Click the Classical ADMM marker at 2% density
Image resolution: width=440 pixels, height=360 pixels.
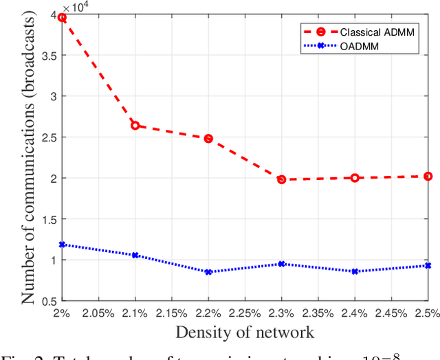63,18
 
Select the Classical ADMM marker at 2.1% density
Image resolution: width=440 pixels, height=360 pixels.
135,126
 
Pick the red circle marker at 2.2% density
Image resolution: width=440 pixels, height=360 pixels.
208,139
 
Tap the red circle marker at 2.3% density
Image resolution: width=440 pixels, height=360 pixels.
281,179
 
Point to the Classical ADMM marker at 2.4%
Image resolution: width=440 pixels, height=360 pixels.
355,177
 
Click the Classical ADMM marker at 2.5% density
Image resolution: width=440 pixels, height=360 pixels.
428,176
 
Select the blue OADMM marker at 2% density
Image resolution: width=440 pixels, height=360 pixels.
63,244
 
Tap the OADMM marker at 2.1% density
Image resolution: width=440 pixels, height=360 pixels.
135,255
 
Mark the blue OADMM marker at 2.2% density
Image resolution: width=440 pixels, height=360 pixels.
208,272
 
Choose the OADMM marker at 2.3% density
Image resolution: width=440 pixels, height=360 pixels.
281,264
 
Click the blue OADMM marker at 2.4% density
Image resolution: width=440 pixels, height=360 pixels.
355,271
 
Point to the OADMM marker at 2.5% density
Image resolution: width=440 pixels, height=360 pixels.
428,265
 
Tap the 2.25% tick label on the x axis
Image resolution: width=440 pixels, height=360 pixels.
245,313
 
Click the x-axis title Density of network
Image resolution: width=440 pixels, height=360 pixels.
245,333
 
